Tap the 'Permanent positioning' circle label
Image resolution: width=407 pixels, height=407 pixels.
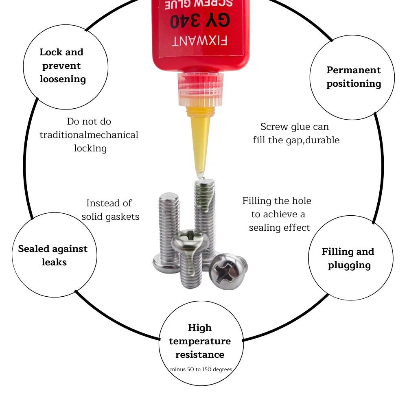tap(354, 77)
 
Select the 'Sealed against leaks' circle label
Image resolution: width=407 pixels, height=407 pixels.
tap(53, 256)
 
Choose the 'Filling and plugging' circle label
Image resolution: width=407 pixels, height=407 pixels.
tap(348, 258)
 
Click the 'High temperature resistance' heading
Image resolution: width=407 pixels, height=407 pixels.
tap(200, 341)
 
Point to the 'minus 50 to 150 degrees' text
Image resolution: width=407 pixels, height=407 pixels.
tap(201, 370)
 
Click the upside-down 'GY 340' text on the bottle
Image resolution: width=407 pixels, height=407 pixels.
tap(200, 20)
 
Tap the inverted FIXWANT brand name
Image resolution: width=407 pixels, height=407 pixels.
tap(199, 41)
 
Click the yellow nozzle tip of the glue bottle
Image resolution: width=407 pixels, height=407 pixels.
tap(199, 175)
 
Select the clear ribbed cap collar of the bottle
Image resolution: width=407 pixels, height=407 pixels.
tap(200, 90)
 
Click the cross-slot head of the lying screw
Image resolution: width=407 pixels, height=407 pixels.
tap(228, 271)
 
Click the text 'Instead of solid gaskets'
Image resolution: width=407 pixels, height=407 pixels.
tap(110, 210)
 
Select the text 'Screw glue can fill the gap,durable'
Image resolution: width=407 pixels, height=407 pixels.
tap(296, 133)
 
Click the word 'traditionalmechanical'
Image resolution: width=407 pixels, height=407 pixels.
tap(89, 135)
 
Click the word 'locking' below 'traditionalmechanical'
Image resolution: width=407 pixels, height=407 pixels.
tap(90, 149)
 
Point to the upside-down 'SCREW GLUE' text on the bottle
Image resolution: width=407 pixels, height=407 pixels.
tap(199, 4)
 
